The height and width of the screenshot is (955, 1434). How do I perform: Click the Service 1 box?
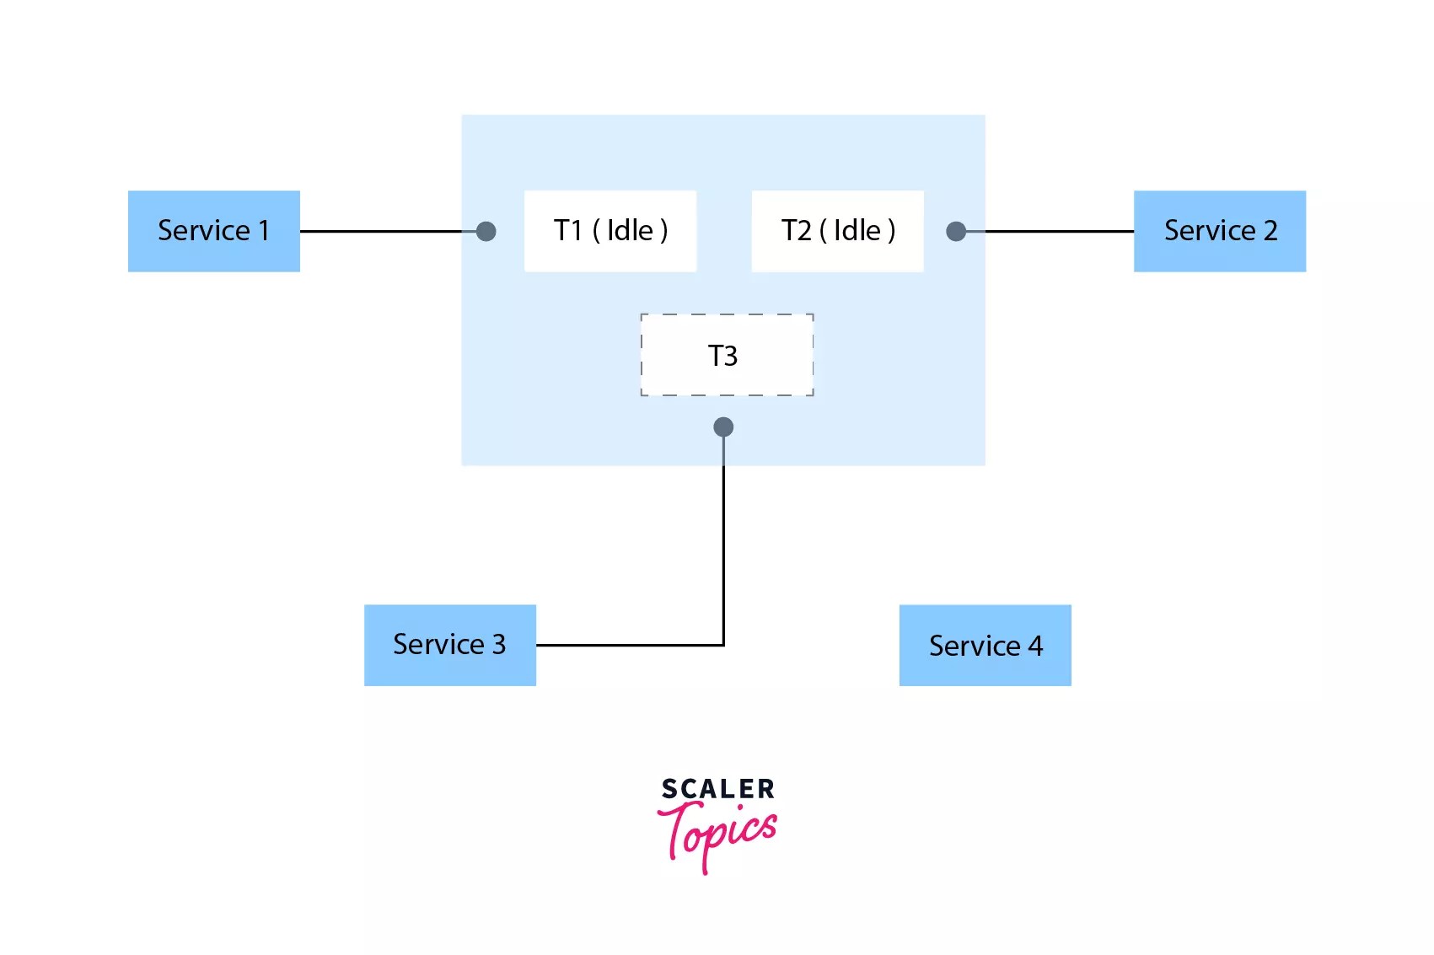pyautogui.click(x=213, y=231)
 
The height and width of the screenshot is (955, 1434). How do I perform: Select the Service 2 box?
pyautogui.click(x=1219, y=231)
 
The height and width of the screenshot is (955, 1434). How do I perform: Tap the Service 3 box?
pyautogui.click(x=449, y=645)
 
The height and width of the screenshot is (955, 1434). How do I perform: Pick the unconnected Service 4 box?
pyautogui.click(x=985, y=646)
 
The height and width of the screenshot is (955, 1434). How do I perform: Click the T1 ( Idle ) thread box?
pyautogui.click(x=610, y=231)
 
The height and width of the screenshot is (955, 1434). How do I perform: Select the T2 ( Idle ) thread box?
pyautogui.click(x=837, y=231)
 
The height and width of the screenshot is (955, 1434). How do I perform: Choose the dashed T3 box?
pyautogui.click(x=727, y=355)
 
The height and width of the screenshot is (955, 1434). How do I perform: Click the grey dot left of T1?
pyautogui.click(x=486, y=231)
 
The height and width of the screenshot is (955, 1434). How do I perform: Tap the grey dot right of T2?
pyautogui.click(x=956, y=231)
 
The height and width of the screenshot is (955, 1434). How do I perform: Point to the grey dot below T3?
pyautogui.click(x=723, y=427)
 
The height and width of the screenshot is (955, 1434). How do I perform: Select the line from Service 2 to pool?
pyautogui.click(x=1058, y=231)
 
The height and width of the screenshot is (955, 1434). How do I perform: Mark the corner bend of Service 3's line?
pyautogui.click(x=723, y=645)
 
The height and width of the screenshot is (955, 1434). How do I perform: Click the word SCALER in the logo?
pyautogui.click(x=717, y=789)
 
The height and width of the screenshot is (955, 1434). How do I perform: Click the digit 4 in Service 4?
pyautogui.click(x=1035, y=647)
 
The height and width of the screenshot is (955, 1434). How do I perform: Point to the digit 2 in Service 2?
pyautogui.click(x=1270, y=231)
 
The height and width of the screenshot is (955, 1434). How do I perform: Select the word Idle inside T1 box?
pyautogui.click(x=630, y=231)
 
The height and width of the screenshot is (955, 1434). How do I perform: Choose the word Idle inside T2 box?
pyautogui.click(x=857, y=231)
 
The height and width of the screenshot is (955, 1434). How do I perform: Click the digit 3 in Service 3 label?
pyautogui.click(x=499, y=645)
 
